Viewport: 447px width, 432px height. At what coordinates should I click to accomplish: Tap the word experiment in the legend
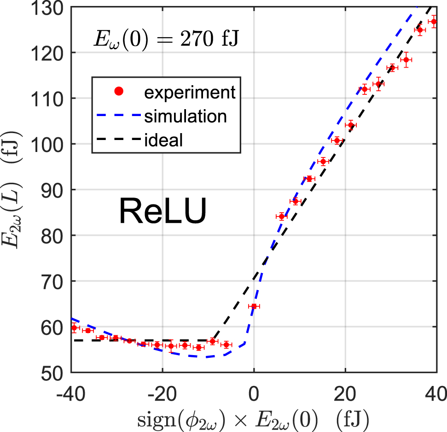(x=190, y=93)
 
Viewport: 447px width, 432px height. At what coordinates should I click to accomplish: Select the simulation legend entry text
(x=185, y=116)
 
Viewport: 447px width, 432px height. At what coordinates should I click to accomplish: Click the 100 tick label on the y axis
(x=50, y=144)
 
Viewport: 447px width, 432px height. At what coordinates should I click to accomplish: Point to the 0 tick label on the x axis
(x=254, y=394)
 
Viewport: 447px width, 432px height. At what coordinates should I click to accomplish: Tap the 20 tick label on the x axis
(x=345, y=394)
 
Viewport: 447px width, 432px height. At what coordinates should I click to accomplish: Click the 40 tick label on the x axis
(x=435, y=394)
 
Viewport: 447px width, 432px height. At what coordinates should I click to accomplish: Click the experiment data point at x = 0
(x=253, y=306)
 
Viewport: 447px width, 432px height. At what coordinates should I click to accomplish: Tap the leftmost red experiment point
(x=74, y=328)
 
